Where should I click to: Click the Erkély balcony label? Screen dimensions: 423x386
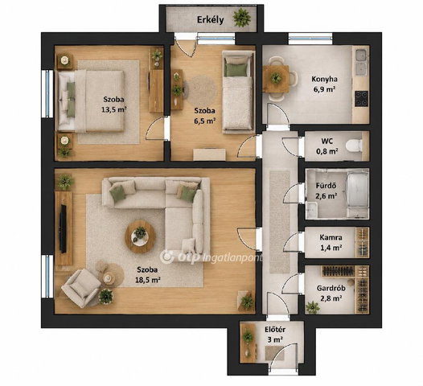(210, 20)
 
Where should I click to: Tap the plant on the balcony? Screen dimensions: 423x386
(242, 18)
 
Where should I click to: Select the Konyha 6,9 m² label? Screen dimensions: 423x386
(324, 84)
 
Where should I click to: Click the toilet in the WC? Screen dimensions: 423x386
(354, 146)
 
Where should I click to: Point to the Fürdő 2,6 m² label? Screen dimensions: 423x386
(326, 191)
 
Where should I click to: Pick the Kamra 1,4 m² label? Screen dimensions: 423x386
(331, 242)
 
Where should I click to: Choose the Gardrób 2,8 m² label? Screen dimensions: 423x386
(331, 293)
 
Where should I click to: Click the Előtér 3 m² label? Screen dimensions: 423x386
(275, 335)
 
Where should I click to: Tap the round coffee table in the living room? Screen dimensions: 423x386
(140, 236)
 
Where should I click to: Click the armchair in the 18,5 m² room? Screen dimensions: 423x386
(80, 288)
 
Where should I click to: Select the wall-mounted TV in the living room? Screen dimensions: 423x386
(63, 228)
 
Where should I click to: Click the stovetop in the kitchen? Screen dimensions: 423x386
(361, 99)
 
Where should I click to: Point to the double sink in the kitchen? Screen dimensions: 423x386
(361, 63)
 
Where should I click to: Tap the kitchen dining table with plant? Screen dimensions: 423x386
(276, 79)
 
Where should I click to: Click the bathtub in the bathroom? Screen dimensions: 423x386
(357, 191)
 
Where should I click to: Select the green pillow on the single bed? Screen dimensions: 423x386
(236, 70)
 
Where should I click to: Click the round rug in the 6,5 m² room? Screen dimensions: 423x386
(202, 90)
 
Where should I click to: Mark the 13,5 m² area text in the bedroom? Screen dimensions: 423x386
(114, 110)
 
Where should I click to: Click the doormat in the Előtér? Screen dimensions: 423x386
(275, 353)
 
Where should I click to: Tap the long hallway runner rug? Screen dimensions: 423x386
(280, 222)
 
